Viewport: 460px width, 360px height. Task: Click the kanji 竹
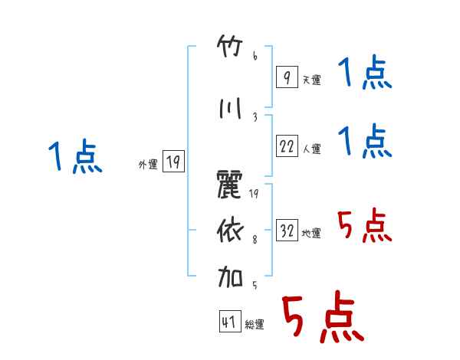point(230,46)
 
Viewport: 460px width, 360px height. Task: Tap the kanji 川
point(230,108)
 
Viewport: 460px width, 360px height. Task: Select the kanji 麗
point(230,185)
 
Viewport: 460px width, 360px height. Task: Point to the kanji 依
point(230,231)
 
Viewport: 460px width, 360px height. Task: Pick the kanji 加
point(230,277)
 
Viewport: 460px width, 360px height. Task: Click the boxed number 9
point(287,77)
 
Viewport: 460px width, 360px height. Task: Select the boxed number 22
point(287,146)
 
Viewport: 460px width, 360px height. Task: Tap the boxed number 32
point(287,230)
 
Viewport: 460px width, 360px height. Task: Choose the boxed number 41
point(230,321)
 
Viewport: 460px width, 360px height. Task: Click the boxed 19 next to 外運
point(173,161)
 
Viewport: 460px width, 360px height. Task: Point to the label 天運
point(311,80)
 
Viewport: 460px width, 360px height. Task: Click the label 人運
point(312,149)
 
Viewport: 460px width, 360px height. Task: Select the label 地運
point(311,233)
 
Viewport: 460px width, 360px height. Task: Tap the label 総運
point(255,324)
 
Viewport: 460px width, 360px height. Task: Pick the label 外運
point(148,164)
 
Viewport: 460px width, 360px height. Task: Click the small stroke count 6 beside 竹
point(255,56)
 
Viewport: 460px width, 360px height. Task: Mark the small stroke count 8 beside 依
point(255,240)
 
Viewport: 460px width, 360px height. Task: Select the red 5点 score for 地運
point(365,225)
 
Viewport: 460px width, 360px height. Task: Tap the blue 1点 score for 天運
point(365,72)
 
